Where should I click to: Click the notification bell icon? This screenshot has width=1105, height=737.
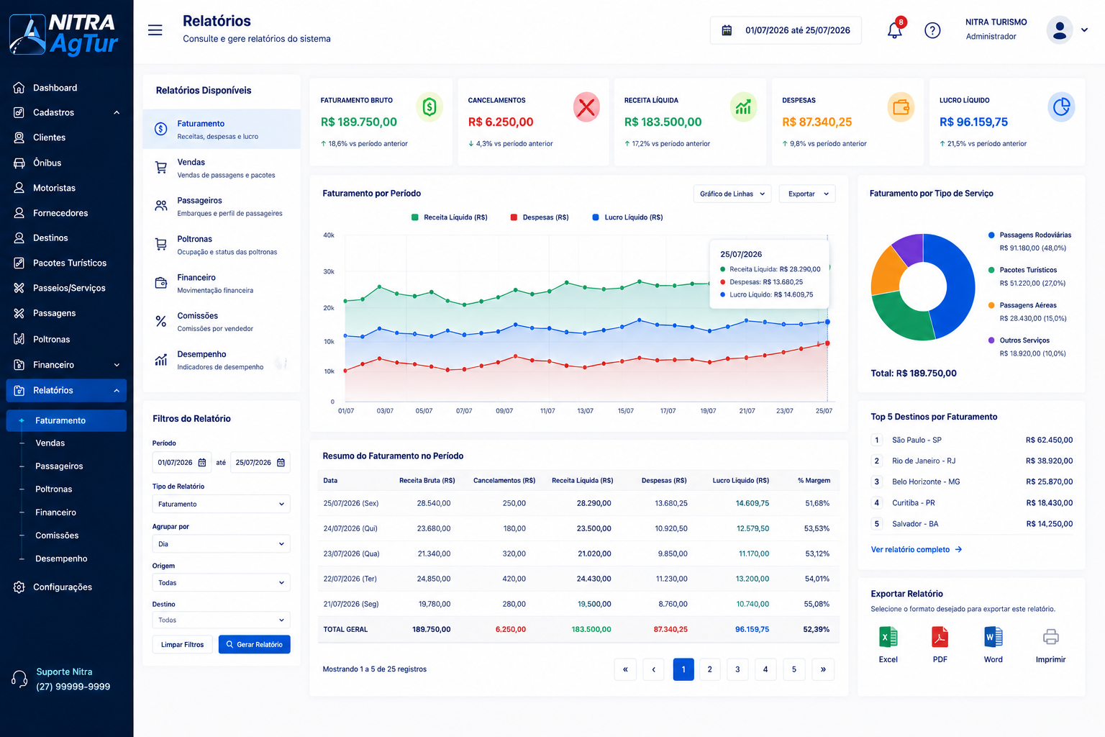(894, 31)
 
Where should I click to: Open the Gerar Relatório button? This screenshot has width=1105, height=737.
(254, 644)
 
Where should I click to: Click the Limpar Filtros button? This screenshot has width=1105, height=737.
(182, 644)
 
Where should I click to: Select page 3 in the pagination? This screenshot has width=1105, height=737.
(737, 669)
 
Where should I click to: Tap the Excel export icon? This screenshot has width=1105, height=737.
(888, 637)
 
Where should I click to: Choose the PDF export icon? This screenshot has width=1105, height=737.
(940, 637)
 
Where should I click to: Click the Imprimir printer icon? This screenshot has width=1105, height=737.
(1051, 637)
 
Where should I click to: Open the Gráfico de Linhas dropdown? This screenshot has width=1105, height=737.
(732, 194)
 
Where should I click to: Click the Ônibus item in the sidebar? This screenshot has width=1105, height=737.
(47, 163)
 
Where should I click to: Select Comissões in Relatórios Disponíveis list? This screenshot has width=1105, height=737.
(197, 315)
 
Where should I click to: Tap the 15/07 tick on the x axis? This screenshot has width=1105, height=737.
(625, 411)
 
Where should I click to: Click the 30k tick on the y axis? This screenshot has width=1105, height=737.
(329, 271)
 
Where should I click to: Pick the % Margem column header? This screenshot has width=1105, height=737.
(814, 480)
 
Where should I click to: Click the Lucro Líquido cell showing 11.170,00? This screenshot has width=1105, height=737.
(753, 553)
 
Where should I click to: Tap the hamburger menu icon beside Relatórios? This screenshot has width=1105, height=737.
(155, 30)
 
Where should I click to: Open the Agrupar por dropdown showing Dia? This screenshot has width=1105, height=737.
(221, 543)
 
